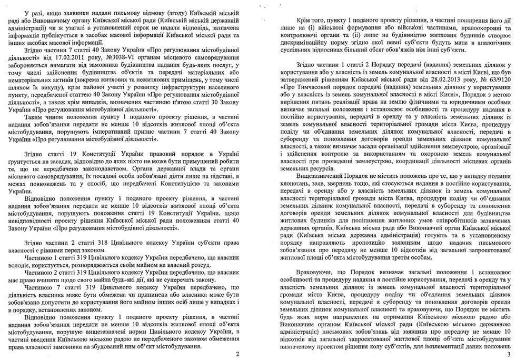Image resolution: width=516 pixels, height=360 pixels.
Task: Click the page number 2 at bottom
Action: (237, 354)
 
